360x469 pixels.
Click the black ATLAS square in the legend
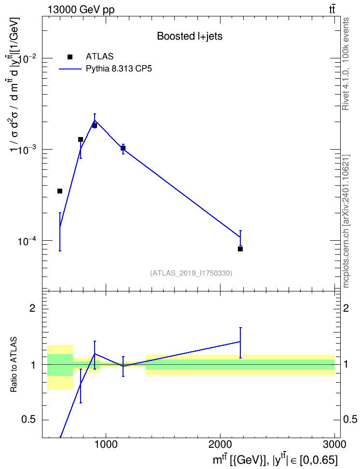coord(70,57)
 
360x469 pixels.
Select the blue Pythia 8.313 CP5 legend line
coord(70,69)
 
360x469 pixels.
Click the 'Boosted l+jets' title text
coord(190,37)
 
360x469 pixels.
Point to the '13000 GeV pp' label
coord(81,10)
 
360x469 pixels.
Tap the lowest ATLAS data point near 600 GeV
coord(60,191)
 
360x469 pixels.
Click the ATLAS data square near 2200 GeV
coord(240,249)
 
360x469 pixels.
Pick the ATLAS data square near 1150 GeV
coord(123,148)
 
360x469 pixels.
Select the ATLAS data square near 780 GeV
coord(81,139)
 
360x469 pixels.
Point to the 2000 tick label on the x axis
coord(220,444)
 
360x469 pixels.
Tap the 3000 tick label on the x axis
coord(334,444)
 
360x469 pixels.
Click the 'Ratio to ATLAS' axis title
coord(14,365)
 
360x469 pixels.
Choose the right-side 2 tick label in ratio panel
coord(346,308)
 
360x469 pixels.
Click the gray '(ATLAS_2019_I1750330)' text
coord(191,273)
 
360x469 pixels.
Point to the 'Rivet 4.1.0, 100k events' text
coord(346,64)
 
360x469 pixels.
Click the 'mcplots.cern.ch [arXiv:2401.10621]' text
coord(346,221)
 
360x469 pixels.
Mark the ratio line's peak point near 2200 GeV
coord(240,341)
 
